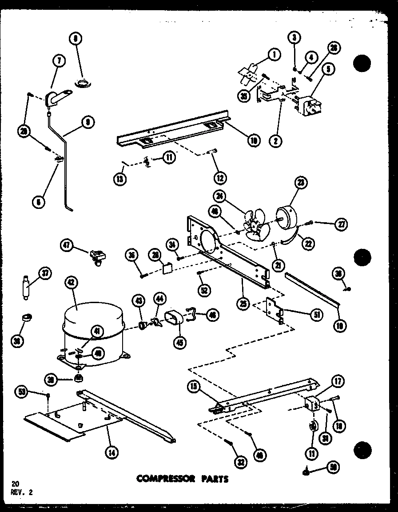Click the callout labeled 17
tap(338, 380)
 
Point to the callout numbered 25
tap(242, 304)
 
